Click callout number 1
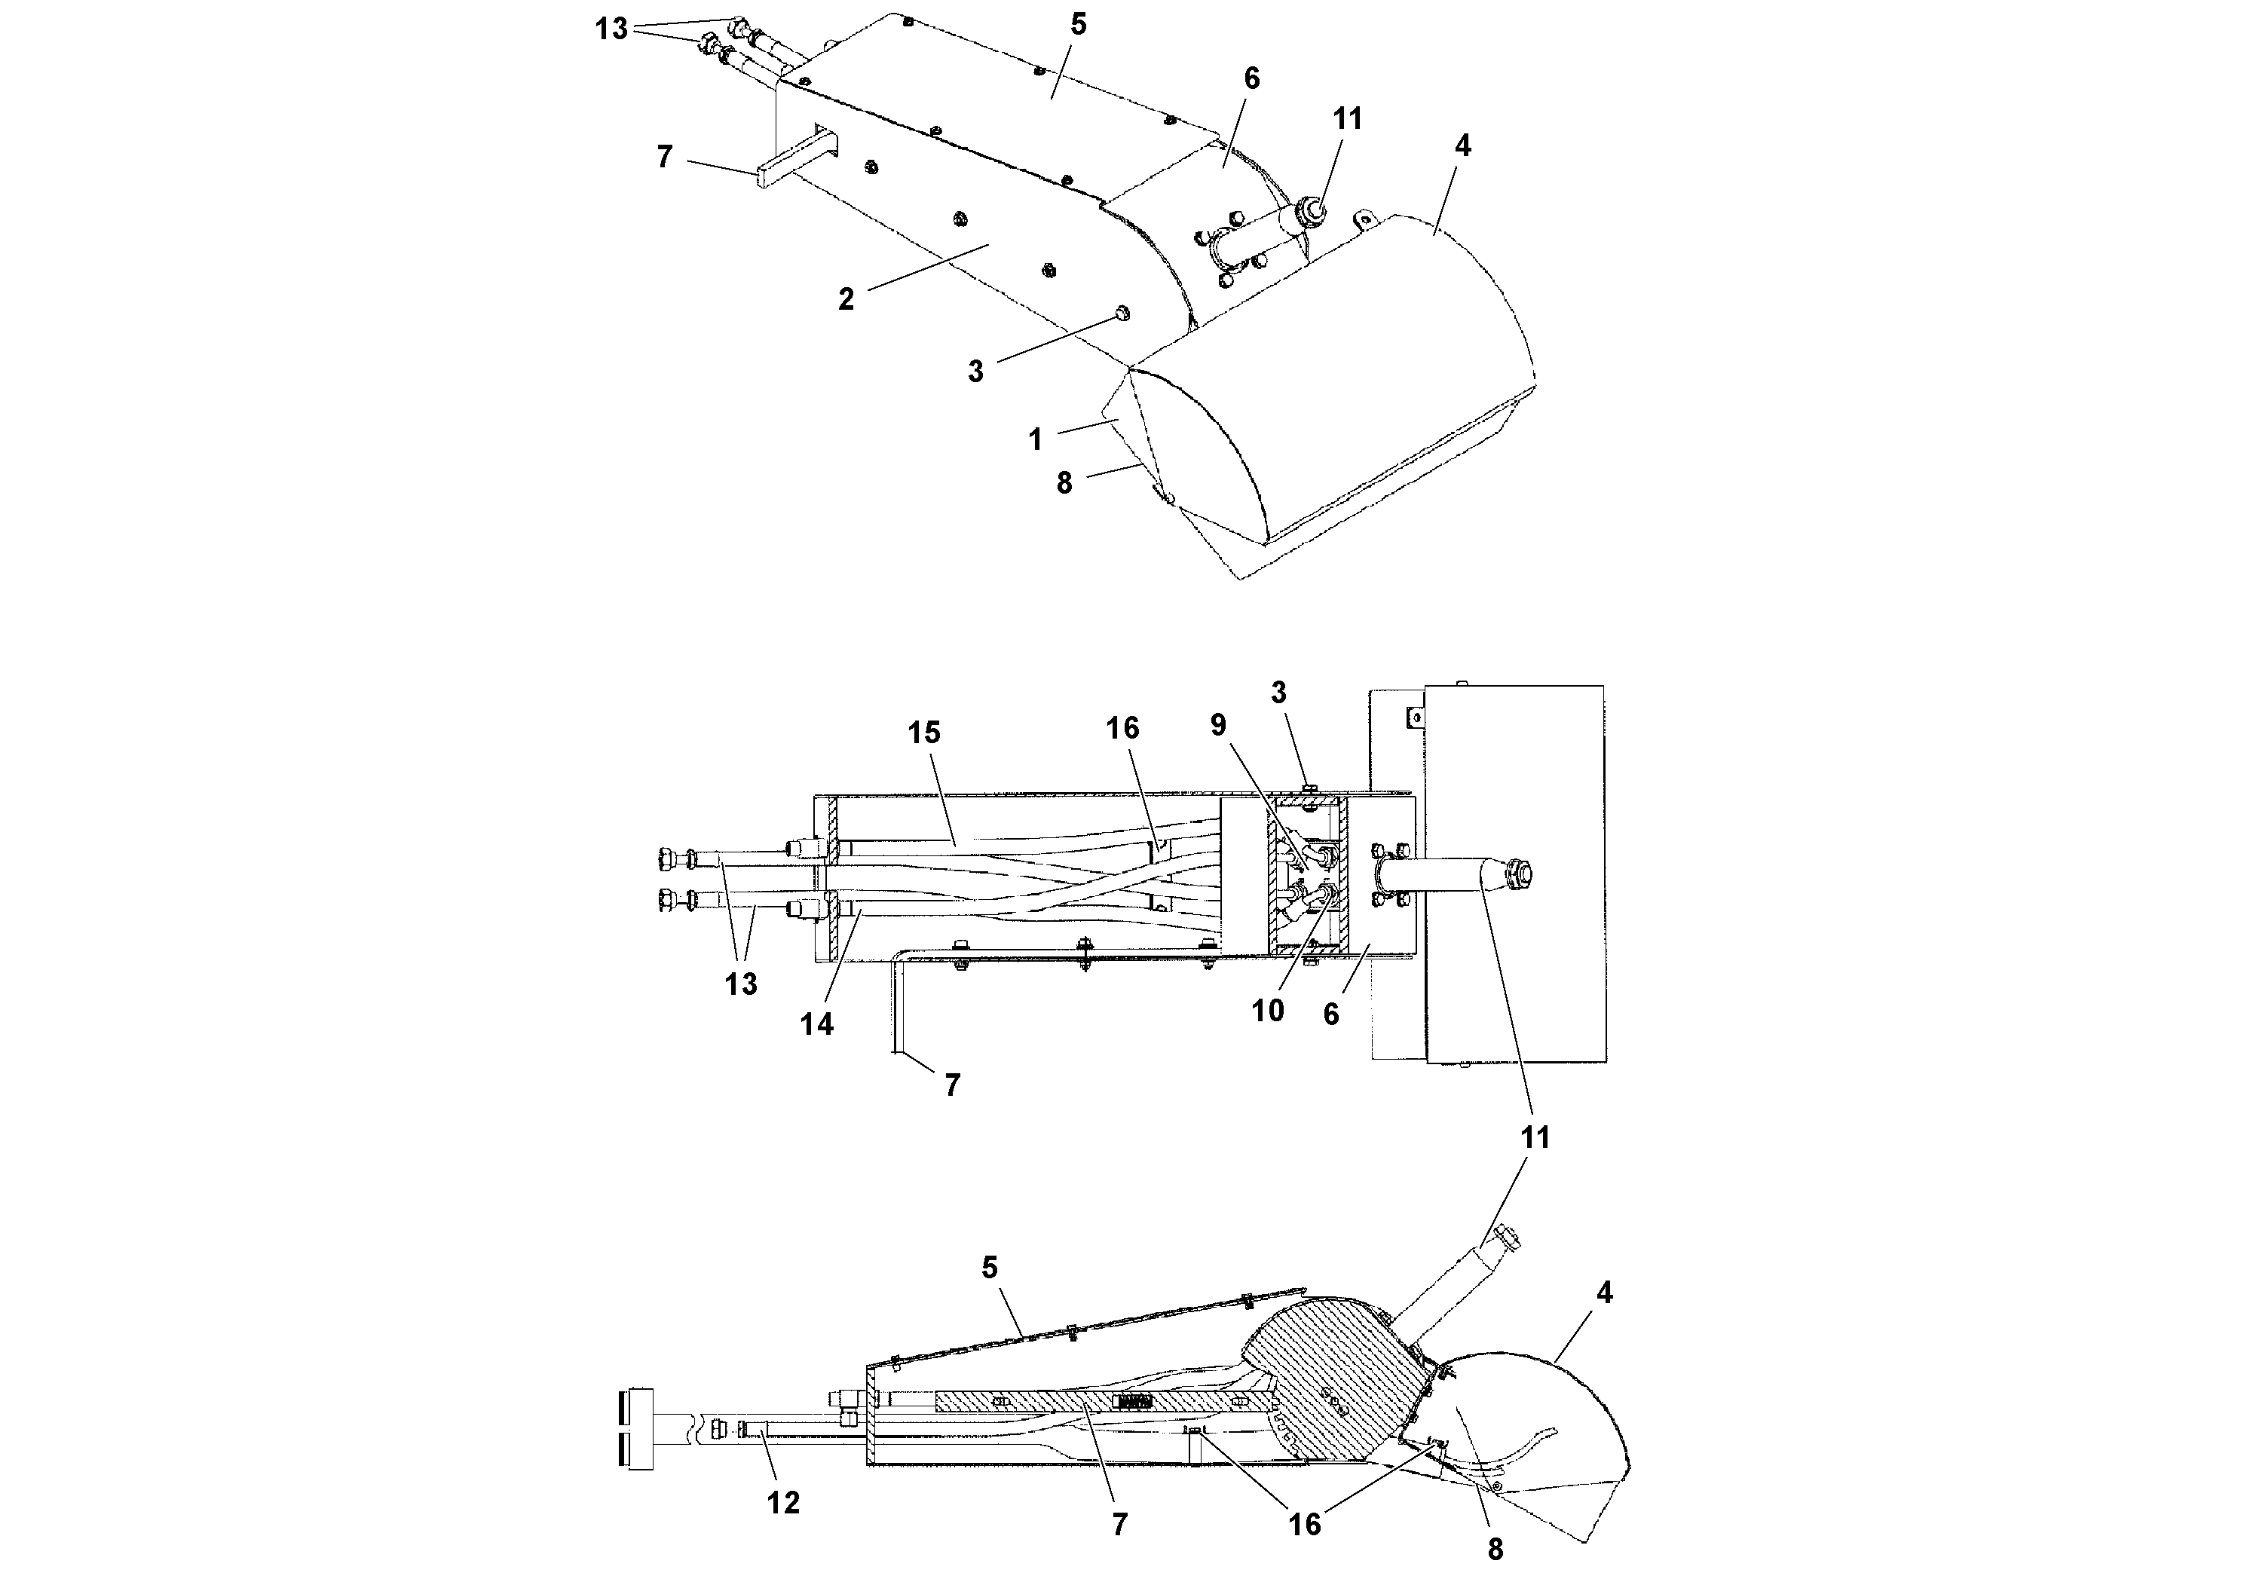(x=1036, y=439)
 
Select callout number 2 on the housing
(x=846, y=299)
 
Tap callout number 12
(x=783, y=1502)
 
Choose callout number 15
(x=923, y=732)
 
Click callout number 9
(x=1218, y=724)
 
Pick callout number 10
(x=1268, y=1011)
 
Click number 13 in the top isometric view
(x=612, y=29)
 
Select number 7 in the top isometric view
(x=665, y=156)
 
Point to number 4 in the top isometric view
(x=1462, y=145)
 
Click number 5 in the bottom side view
(x=990, y=1268)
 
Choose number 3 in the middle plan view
(x=1278, y=693)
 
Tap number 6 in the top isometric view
(x=1251, y=78)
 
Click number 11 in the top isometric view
(x=1347, y=118)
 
